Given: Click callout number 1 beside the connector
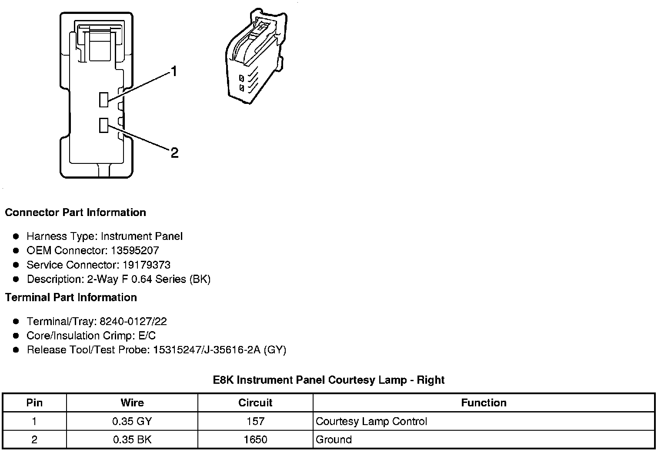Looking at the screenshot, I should (x=174, y=71).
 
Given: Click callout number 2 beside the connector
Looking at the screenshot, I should (x=174, y=153).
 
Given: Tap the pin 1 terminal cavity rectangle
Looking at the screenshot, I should (x=103, y=100).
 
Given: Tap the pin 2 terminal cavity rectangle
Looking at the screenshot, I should (x=103, y=125).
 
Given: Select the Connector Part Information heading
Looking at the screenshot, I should (x=75, y=213).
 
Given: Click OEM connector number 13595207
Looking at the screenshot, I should (x=134, y=250).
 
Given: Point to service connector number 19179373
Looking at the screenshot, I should (x=146, y=265).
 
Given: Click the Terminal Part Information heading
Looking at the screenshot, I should (x=71, y=297).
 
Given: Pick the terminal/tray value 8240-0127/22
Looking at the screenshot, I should (x=133, y=321).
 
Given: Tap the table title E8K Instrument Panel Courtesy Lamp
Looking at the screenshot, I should (x=329, y=380).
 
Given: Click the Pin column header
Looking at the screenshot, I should (x=34, y=402).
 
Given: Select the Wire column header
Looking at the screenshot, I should (x=132, y=402).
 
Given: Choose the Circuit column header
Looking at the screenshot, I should (x=255, y=402).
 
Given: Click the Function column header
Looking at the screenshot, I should (x=484, y=402).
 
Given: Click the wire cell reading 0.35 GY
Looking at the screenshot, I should (x=132, y=421).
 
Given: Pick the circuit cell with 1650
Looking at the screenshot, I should (x=255, y=439).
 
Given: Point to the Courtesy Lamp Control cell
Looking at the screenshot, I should (x=371, y=421).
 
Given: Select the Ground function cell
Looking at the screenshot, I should (x=334, y=439).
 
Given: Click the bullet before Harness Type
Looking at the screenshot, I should (x=16, y=236).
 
